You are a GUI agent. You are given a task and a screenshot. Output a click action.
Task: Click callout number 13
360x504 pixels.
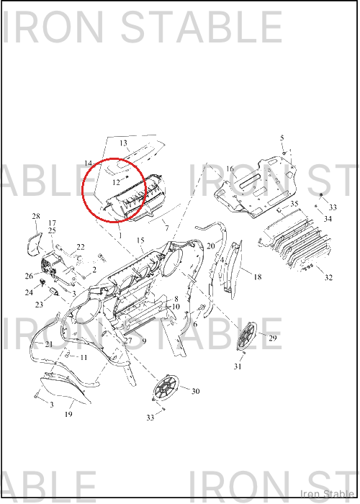point(123,143)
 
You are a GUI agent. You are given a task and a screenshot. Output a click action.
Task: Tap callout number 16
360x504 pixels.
point(230,169)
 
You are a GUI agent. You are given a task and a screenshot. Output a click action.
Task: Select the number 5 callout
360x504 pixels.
point(282,138)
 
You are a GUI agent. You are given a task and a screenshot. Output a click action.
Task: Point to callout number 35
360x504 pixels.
point(294,204)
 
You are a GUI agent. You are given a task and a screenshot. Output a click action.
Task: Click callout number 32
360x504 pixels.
point(328,277)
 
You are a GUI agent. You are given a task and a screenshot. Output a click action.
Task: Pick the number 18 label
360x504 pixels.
point(258,276)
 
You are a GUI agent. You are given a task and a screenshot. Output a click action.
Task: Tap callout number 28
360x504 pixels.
point(36,216)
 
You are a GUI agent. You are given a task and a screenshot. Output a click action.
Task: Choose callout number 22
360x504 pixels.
point(81,247)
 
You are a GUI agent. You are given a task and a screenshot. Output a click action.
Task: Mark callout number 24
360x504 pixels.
point(29,292)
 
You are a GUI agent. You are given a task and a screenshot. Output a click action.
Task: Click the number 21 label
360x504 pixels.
point(48,344)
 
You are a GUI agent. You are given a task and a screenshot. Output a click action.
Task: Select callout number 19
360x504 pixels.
point(68,414)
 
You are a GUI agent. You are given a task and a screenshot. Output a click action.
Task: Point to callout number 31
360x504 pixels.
point(238,366)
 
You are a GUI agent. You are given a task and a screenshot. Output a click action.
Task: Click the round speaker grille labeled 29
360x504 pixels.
point(248,336)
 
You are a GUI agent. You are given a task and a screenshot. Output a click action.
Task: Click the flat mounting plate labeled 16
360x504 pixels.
point(256,186)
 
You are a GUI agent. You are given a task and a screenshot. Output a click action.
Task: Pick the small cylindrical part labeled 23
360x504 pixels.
point(53,292)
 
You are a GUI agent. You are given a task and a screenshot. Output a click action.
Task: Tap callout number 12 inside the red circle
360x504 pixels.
point(116,183)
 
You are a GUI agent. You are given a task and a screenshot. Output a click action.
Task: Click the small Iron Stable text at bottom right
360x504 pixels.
point(327,494)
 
